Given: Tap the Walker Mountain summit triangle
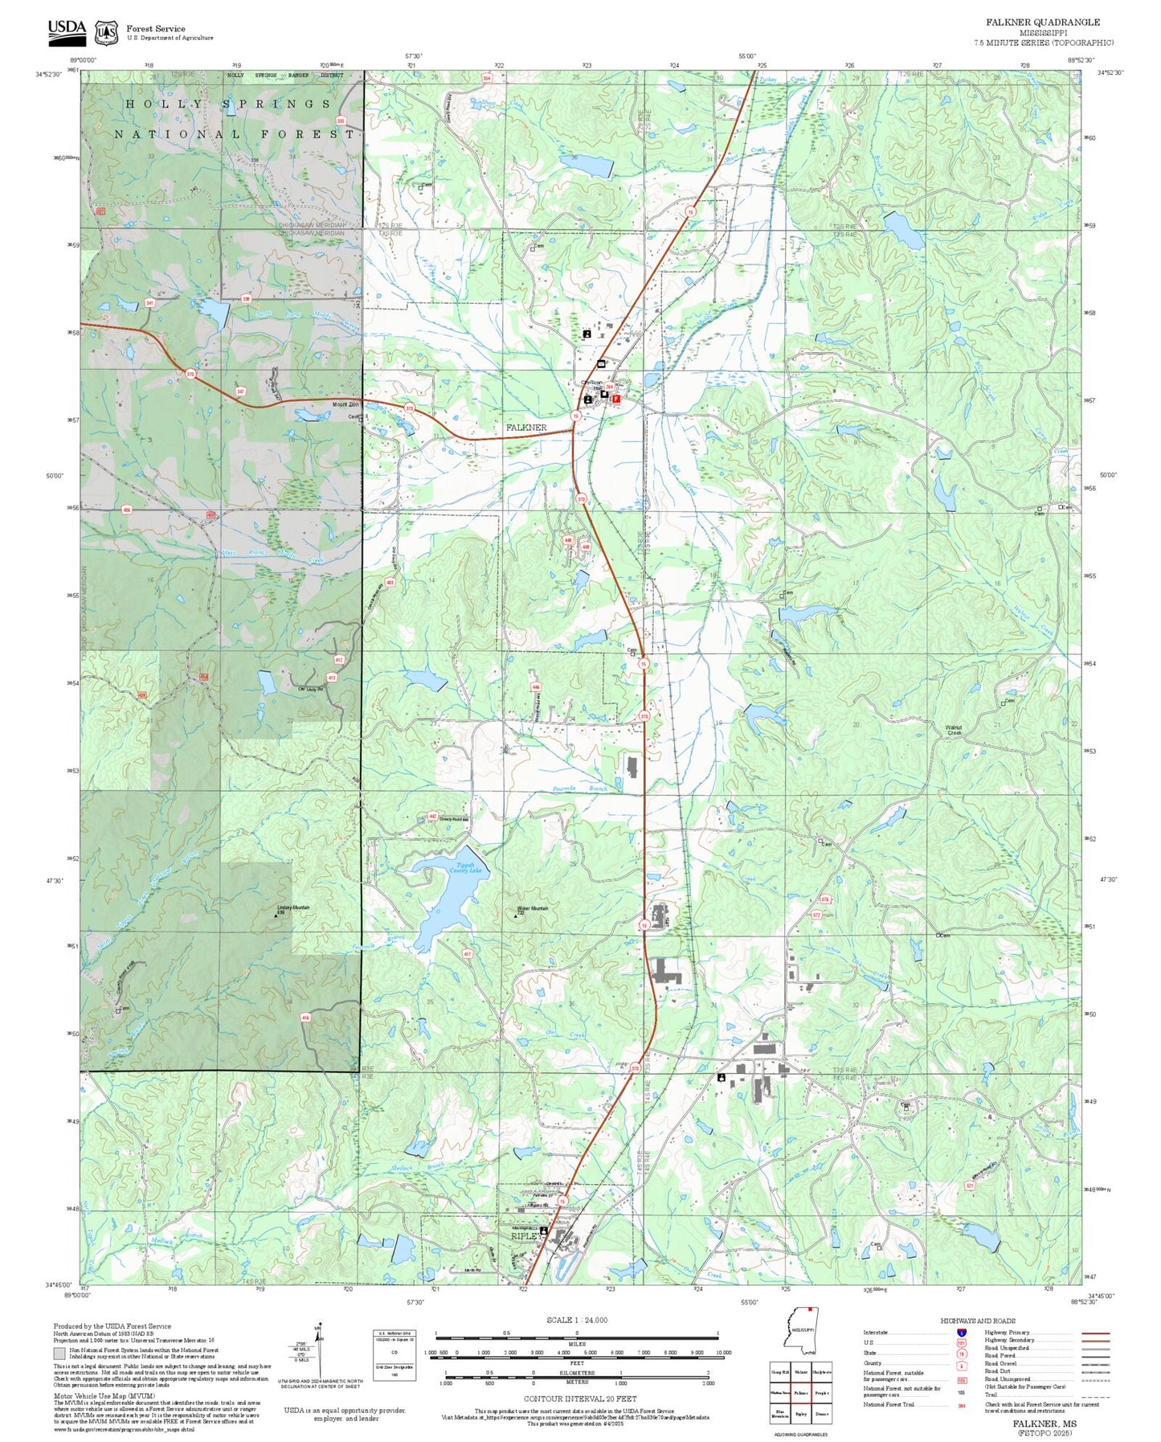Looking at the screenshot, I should (516, 916).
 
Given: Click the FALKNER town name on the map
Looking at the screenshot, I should (526, 428).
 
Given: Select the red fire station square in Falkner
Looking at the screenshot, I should (616, 398).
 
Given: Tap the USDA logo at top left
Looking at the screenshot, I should (66, 31).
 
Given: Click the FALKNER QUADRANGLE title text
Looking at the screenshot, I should (1043, 23).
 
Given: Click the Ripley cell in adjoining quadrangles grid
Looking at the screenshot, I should (800, 1413).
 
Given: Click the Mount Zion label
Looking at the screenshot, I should (345, 404).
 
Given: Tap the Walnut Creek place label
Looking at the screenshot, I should (954, 730).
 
